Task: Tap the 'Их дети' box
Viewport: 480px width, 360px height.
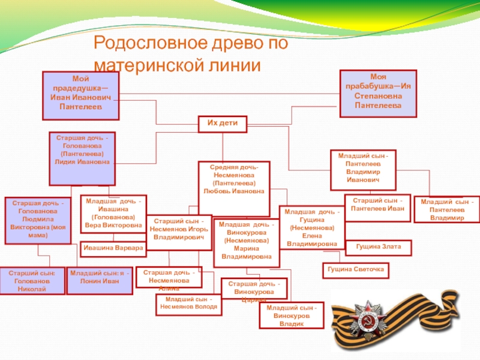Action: coord(223,124)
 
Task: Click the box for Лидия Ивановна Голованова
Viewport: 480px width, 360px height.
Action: coord(82,158)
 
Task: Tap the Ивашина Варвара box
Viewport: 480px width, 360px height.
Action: coord(113,247)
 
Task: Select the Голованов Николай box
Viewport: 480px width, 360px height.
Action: coord(32,280)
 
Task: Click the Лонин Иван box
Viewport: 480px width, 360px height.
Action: coord(100,280)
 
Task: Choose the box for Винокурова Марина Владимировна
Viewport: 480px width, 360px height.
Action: coord(246,241)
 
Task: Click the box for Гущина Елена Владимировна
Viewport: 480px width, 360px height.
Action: coord(312,228)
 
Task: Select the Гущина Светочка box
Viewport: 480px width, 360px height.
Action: coord(355,271)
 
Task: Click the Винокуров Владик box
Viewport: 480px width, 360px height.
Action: coord(290,315)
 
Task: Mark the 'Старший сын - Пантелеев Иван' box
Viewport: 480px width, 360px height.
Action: coord(377,205)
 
